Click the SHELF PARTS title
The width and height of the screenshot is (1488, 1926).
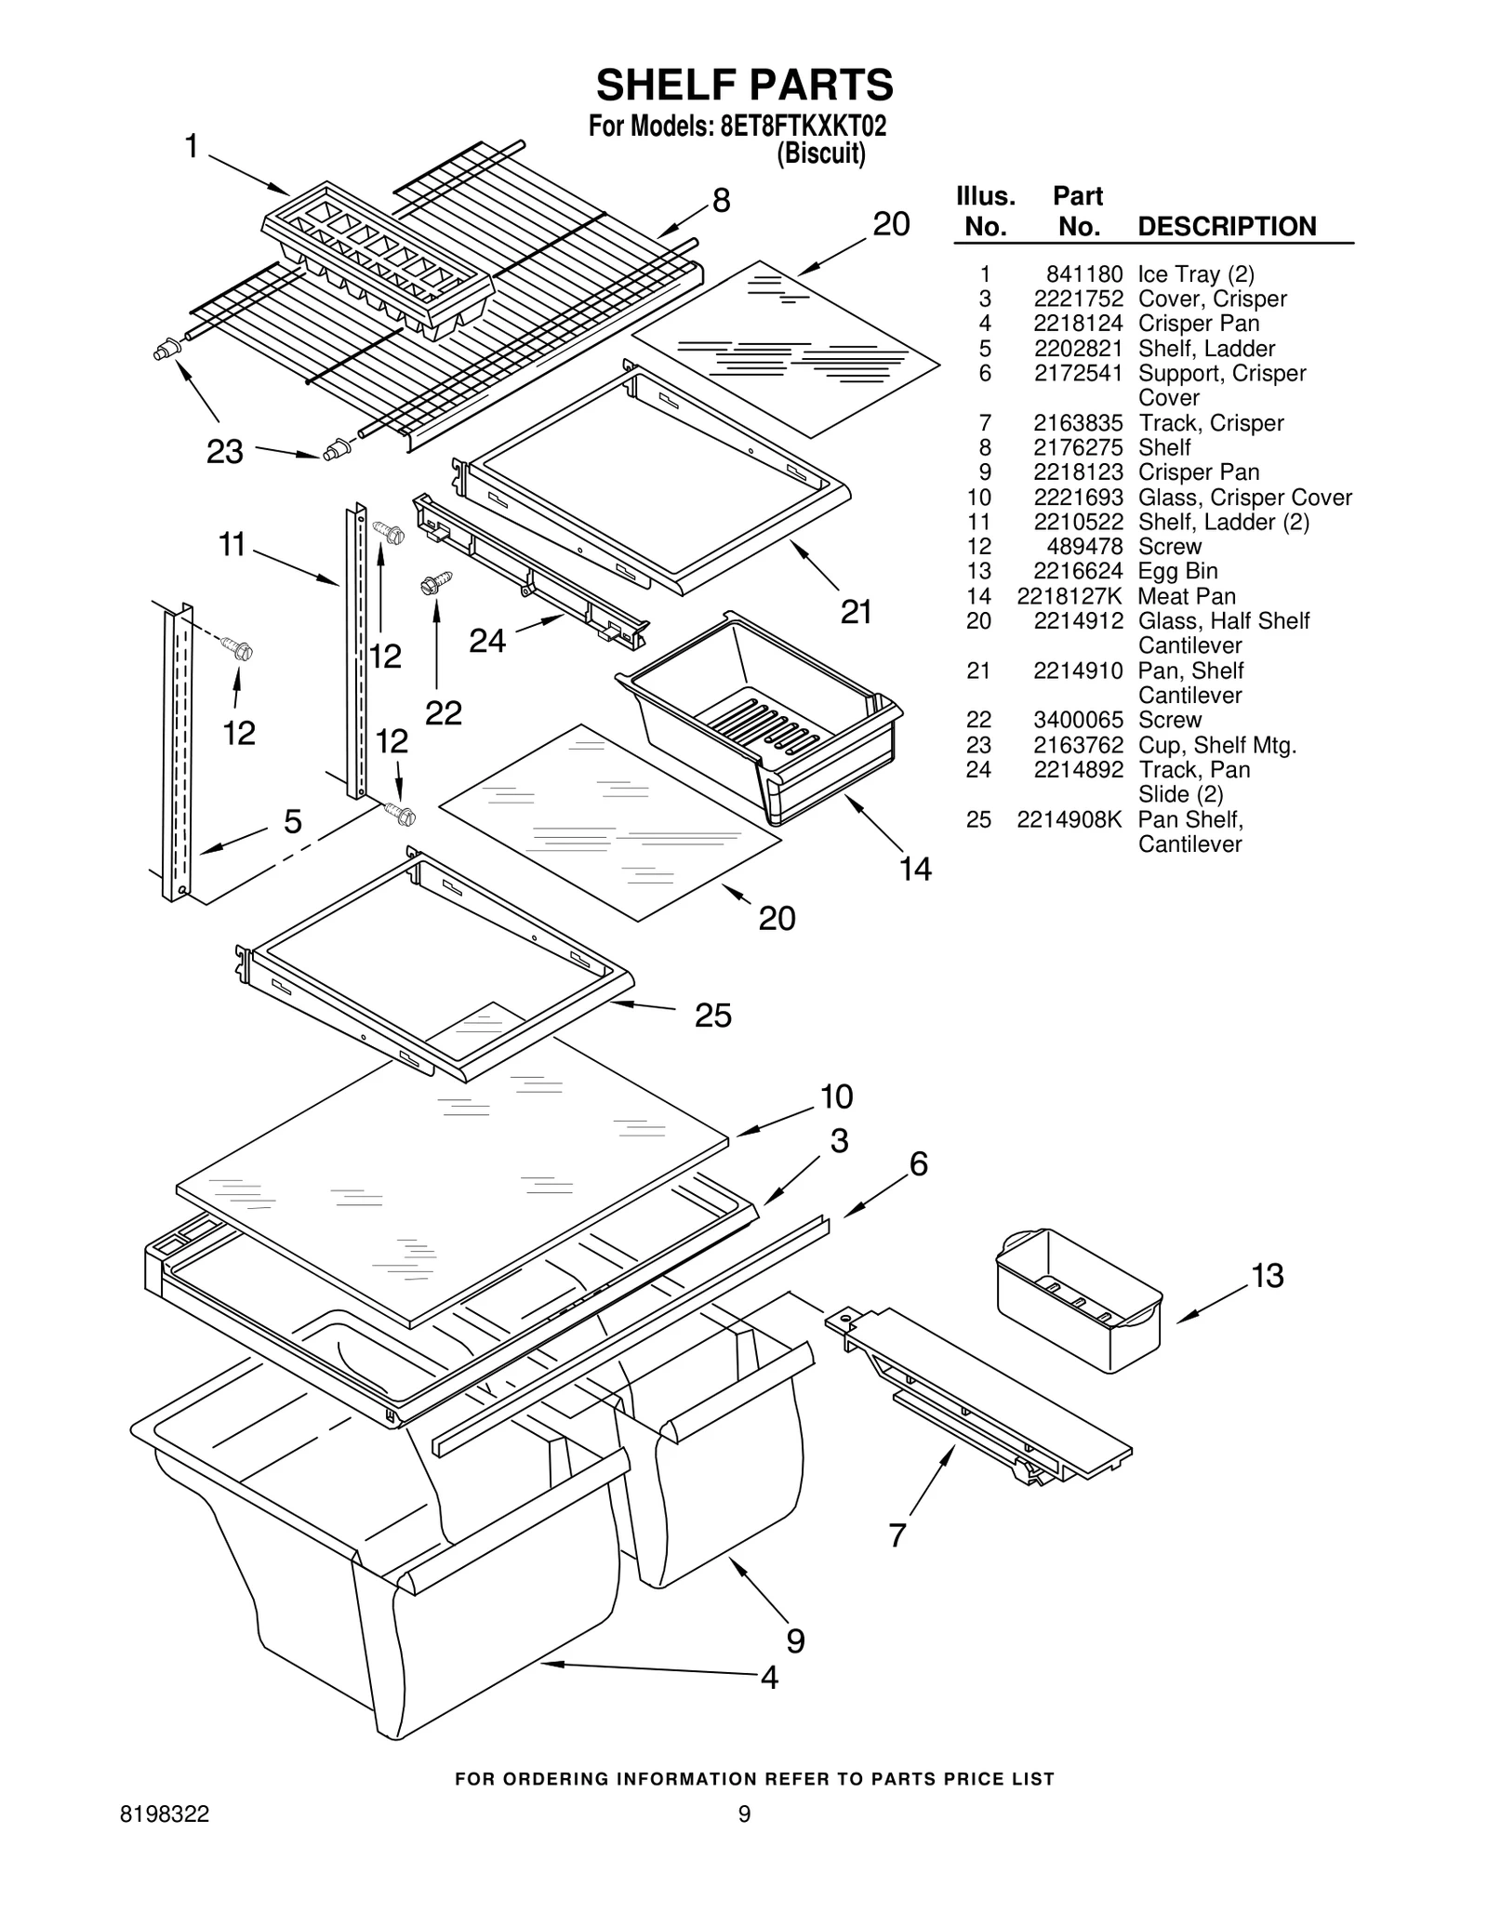744,86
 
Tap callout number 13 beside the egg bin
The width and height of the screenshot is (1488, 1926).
1268,1276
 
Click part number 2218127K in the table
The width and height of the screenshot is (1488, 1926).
1069,596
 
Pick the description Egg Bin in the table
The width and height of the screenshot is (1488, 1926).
1177,571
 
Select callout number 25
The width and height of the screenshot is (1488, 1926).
713,1015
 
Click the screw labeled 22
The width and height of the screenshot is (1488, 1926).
435,583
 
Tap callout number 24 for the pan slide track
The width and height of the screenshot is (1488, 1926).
487,641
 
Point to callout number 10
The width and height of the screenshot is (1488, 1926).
836,1096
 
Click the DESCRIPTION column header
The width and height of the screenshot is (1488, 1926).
1227,226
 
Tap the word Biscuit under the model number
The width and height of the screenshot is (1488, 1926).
821,153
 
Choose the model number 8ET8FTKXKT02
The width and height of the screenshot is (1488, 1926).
803,126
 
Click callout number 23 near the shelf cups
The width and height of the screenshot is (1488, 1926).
224,452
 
